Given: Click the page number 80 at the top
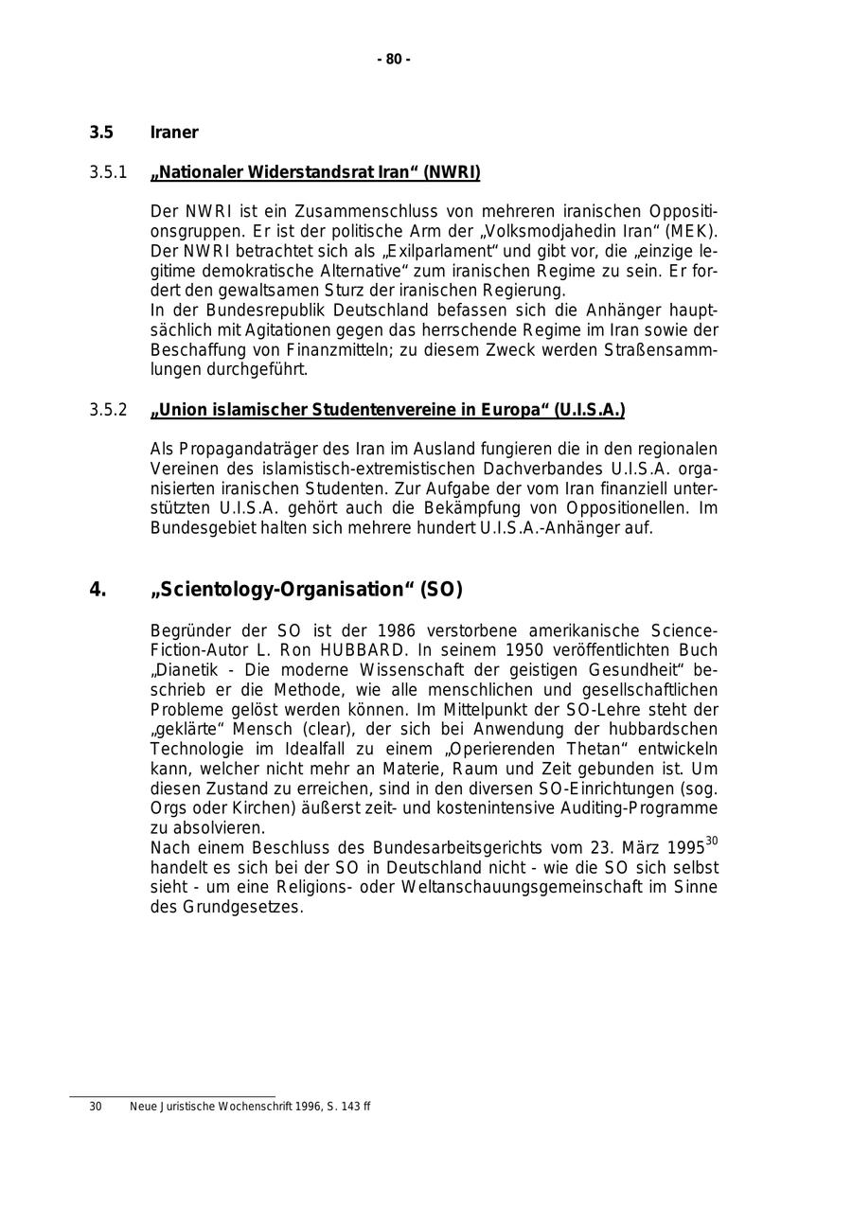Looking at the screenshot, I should pyautogui.click(x=394, y=60).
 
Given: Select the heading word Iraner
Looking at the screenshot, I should pyautogui.click(x=174, y=133).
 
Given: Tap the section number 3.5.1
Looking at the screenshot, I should pyautogui.click(x=108, y=172).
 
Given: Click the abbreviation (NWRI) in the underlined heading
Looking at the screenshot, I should pyautogui.click(x=452, y=172).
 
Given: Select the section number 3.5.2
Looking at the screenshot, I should pyautogui.click(x=108, y=410).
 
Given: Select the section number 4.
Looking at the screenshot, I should pyautogui.click(x=98, y=590).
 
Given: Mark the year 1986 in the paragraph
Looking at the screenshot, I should pyautogui.click(x=397, y=630).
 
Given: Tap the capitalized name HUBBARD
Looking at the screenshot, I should pyautogui.click(x=360, y=650).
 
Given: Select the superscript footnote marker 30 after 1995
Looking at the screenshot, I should pyautogui.click(x=712, y=841).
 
